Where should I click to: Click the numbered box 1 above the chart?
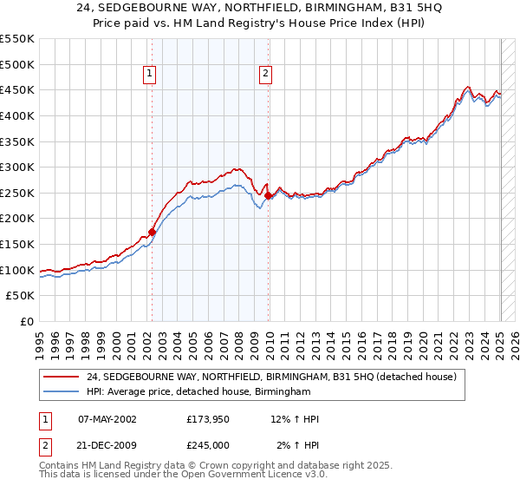[150, 75]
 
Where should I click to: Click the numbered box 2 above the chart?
[264, 75]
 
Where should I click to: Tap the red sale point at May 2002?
[152, 232]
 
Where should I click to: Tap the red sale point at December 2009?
[268, 195]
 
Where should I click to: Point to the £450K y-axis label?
[17, 89]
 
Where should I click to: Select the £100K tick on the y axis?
[17, 270]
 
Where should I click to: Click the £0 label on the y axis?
[26, 322]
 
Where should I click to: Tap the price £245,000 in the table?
[213, 445]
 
